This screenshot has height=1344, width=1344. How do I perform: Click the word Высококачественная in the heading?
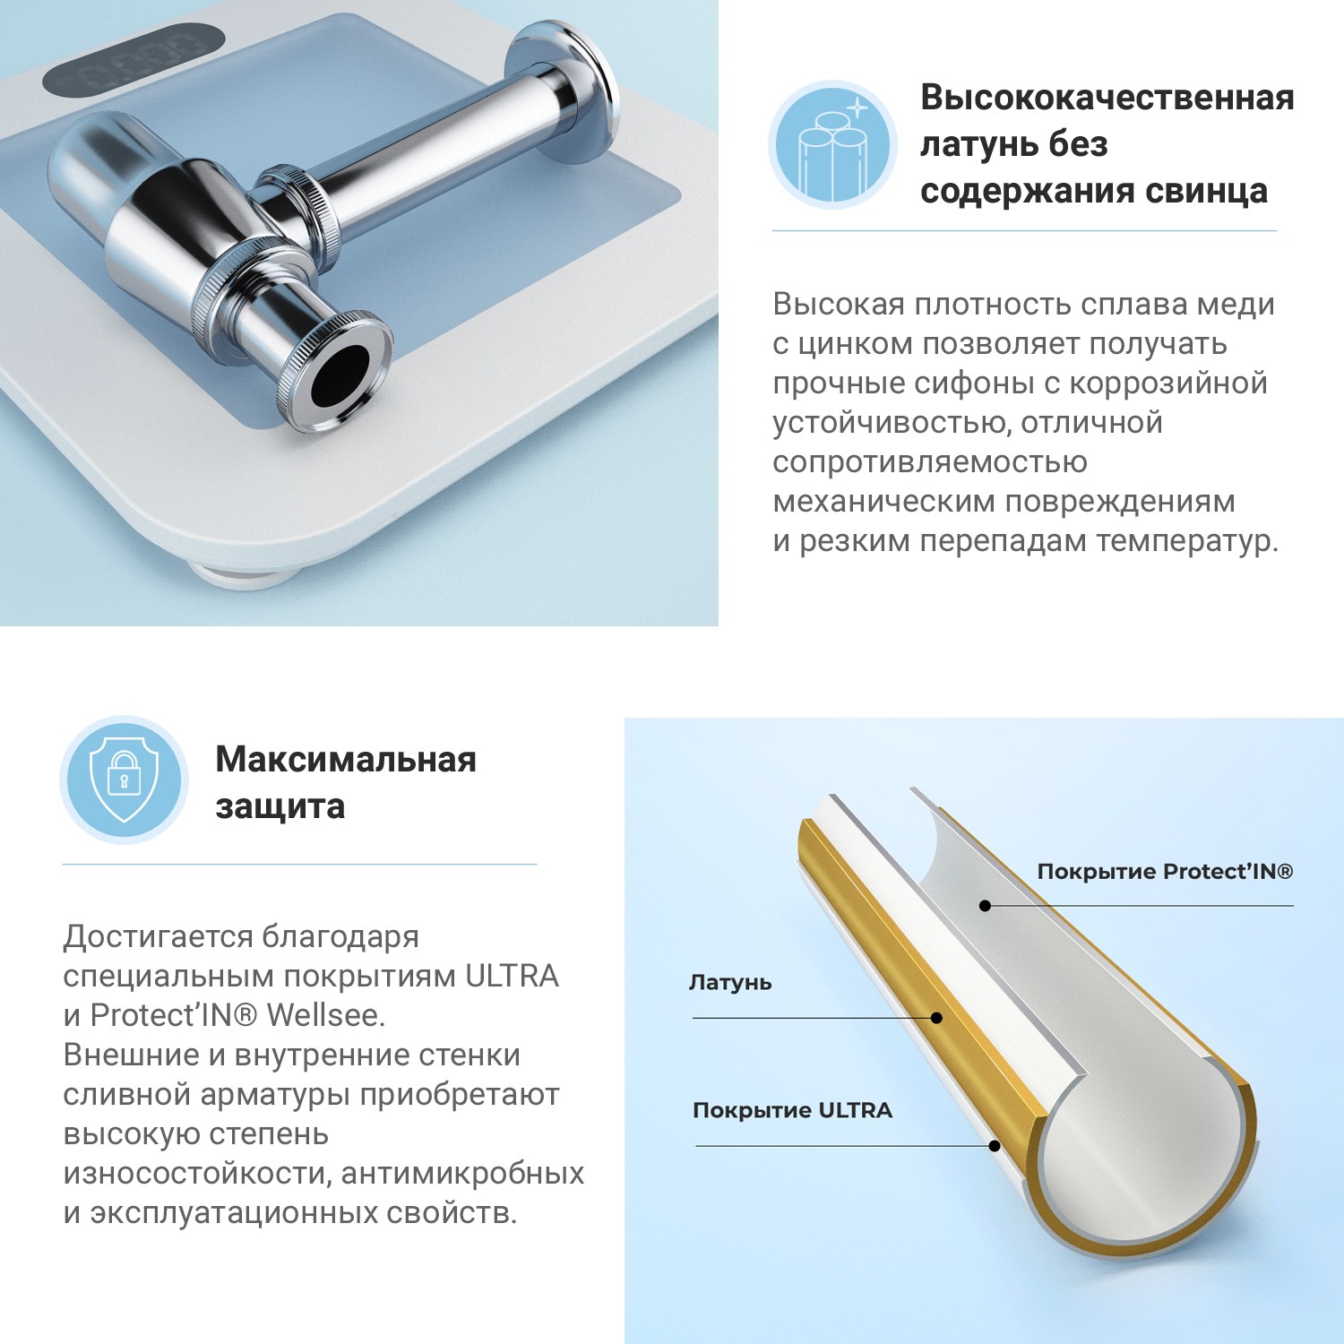tap(1107, 97)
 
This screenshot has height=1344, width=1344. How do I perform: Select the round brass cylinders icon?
tap(832, 145)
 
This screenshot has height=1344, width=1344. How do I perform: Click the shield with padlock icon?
tap(125, 780)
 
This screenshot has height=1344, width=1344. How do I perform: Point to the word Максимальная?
tap(346, 760)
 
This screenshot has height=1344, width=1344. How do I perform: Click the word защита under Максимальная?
tap(280, 806)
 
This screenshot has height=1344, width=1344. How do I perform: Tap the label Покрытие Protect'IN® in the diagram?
tap(1165, 872)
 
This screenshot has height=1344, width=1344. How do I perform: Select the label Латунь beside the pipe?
tap(729, 982)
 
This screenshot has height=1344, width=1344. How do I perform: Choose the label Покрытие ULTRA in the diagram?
tap(792, 1111)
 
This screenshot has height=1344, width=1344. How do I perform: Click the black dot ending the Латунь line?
tap(936, 1018)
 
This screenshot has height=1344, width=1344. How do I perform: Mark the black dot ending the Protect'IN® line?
tap(985, 906)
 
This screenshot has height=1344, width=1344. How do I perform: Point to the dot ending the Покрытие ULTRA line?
tap(995, 1146)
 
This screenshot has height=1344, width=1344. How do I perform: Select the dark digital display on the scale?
tap(134, 59)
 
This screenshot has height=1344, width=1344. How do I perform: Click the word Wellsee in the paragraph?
tap(325, 1015)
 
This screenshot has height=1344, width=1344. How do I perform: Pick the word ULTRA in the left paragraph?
tap(512, 976)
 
